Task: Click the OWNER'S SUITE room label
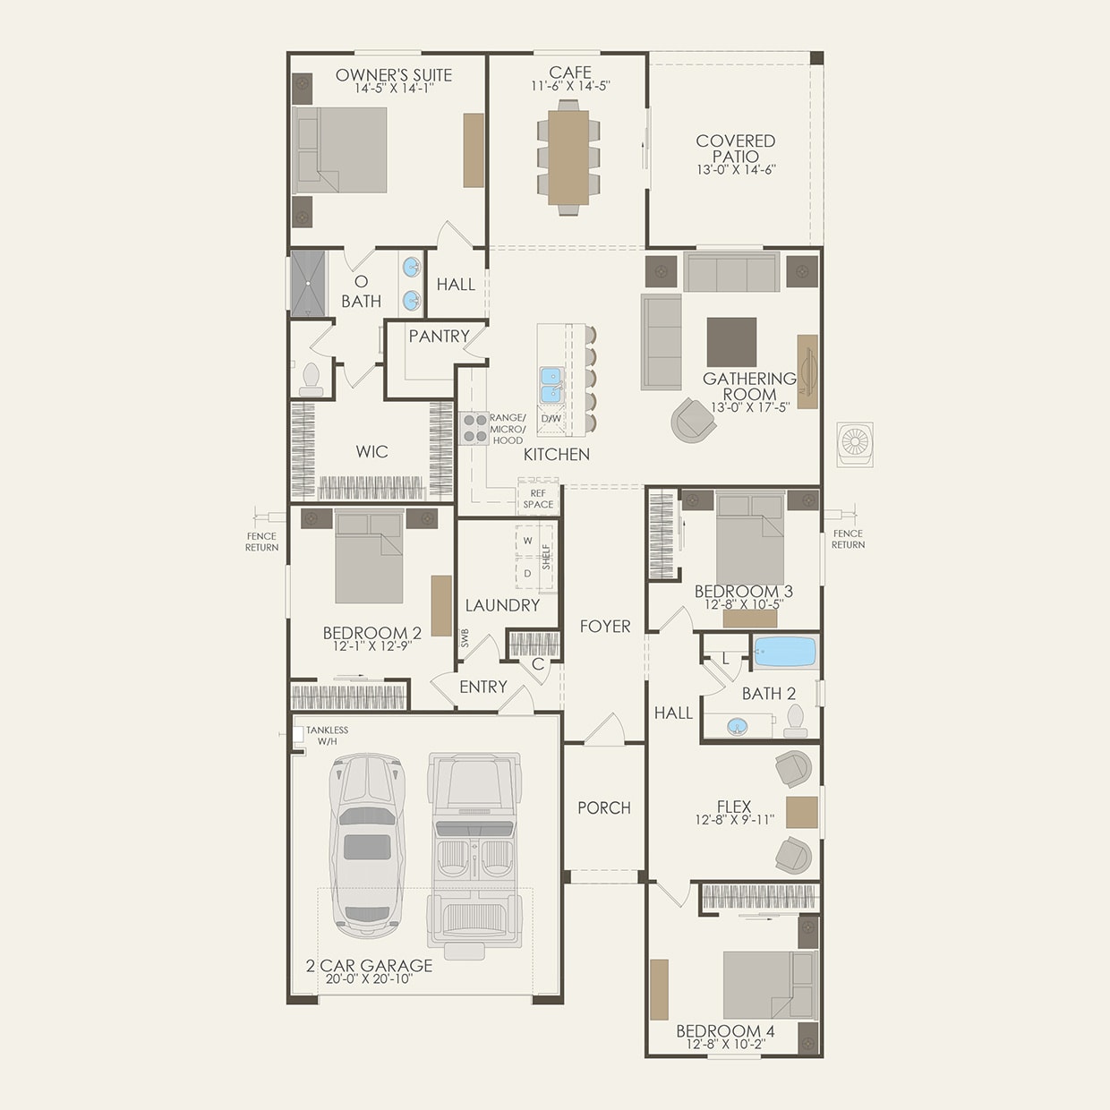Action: tap(393, 75)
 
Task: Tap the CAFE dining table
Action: tap(568, 157)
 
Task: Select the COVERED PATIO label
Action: tap(735, 148)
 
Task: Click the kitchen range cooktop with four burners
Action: tap(474, 429)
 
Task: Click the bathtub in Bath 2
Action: tap(784, 652)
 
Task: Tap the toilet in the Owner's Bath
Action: tap(311, 380)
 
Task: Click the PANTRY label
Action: tap(439, 337)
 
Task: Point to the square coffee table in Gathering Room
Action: tap(731, 342)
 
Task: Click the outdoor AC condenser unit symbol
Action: tap(855, 444)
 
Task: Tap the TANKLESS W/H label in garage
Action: tap(327, 736)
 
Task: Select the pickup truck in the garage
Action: tap(474, 850)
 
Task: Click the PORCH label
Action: tap(603, 807)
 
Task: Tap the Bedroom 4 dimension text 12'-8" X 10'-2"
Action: tap(725, 1045)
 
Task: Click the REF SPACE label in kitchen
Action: tap(538, 499)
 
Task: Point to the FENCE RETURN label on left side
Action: tap(261, 542)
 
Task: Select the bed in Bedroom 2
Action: tap(369, 557)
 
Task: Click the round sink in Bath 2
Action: tap(738, 726)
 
